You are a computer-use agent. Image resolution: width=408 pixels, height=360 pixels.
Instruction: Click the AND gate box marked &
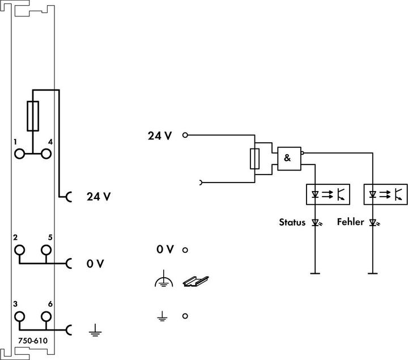(288, 159)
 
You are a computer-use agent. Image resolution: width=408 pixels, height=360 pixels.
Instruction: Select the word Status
(292, 222)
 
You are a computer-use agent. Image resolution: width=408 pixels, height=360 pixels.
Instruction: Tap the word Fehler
(351, 222)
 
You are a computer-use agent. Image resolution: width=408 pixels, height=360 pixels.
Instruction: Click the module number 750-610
(32, 340)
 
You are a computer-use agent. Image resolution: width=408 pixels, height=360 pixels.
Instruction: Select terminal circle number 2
(20, 249)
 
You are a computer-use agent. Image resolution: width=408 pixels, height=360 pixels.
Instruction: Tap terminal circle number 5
(45, 249)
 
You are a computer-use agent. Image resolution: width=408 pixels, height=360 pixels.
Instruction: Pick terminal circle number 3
(20, 316)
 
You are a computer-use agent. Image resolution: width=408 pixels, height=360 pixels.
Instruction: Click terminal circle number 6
(45, 316)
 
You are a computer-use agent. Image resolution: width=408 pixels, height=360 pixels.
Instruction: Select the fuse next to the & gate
(256, 159)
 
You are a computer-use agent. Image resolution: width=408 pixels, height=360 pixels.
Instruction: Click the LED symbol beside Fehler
(373, 223)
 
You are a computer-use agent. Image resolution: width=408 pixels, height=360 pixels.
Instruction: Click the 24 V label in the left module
(99, 197)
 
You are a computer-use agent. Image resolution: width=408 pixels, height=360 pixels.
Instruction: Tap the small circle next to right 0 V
(185, 249)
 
